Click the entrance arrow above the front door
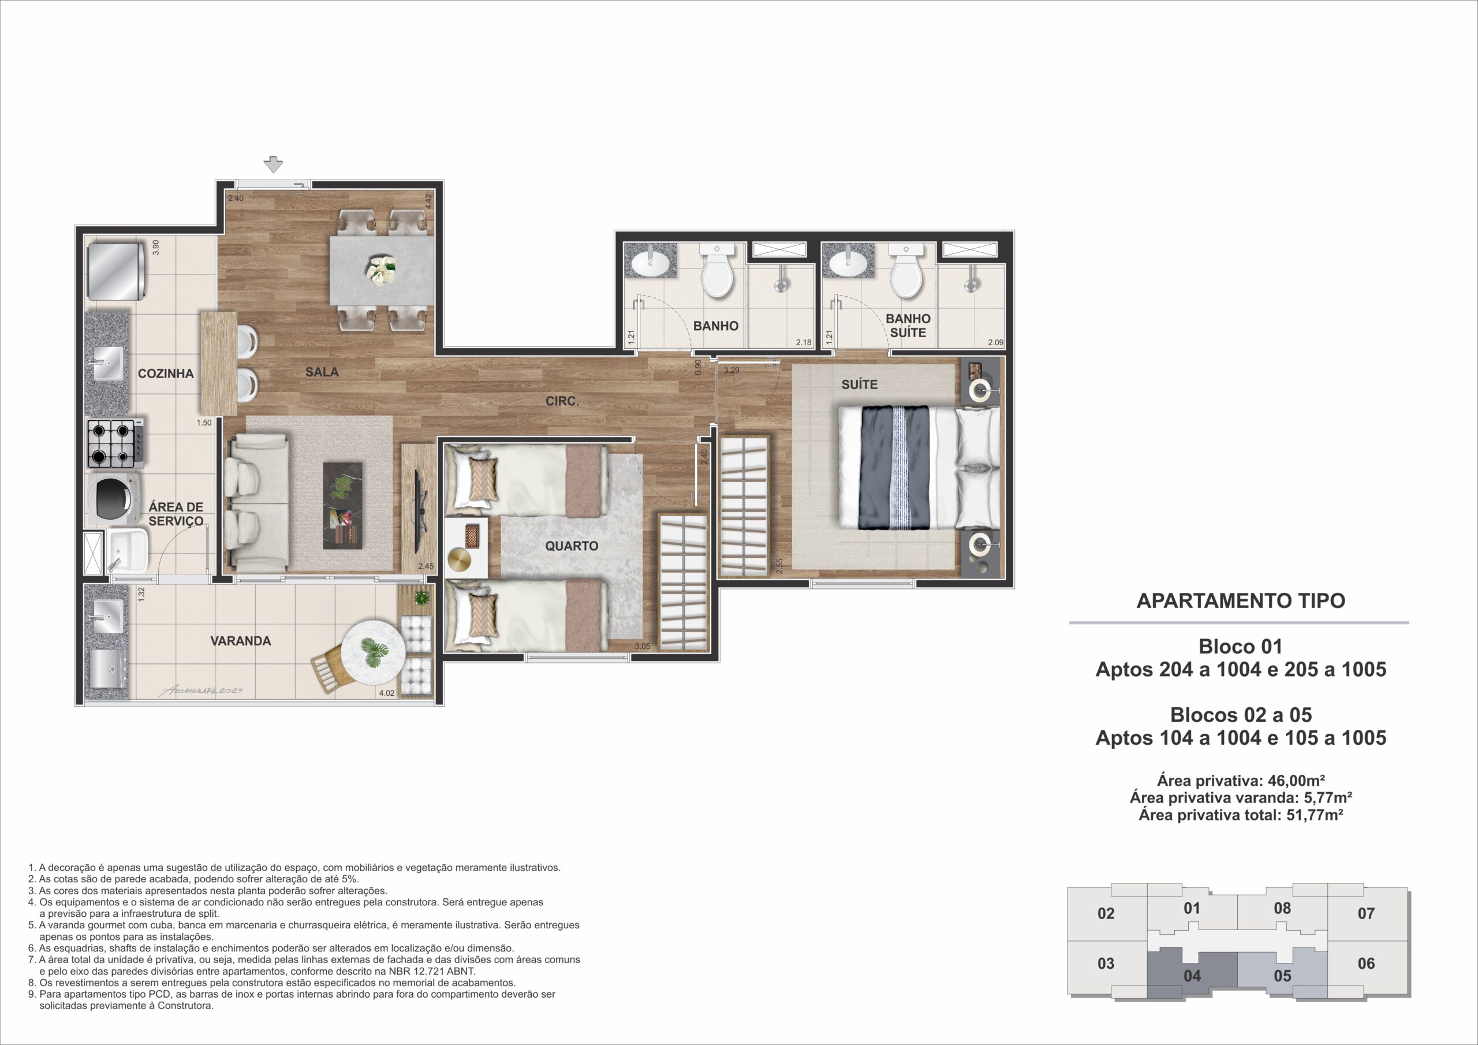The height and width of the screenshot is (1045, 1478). (x=274, y=165)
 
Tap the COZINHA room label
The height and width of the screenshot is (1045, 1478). (x=166, y=374)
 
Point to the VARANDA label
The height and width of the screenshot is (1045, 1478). (x=241, y=641)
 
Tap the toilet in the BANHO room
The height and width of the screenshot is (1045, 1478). (x=716, y=274)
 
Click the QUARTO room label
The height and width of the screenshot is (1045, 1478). (x=572, y=546)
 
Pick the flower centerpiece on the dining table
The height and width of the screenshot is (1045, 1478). (x=380, y=270)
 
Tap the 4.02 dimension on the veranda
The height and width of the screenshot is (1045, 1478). (x=387, y=693)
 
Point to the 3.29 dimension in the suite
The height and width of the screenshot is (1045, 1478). (x=731, y=371)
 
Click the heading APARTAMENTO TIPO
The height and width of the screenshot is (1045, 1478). (x=1241, y=600)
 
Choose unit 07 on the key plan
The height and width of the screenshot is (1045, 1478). (x=1366, y=913)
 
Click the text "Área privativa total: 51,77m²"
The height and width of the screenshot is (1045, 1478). (x=1241, y=815)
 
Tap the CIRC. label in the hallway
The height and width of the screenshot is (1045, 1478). (x=562, y=401)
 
